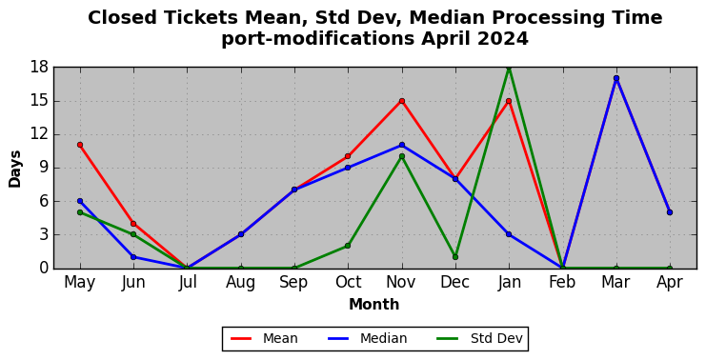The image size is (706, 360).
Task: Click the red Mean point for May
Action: [x=80, y=145]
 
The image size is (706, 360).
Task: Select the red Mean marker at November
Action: [x=402, y=101]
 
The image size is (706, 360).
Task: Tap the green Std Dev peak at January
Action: [x=509, y=68]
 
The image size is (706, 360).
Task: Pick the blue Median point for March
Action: [x=616, y=78]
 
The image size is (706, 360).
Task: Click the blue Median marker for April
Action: [x=670, y=212]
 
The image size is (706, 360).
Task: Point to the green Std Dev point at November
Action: [x=402, y=156]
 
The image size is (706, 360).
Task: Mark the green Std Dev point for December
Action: [x=455, y=257]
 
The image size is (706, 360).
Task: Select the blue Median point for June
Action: [x=133, y=257]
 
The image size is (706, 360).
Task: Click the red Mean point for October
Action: [x=348, y=156]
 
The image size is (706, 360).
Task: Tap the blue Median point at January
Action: [x=509, y=234]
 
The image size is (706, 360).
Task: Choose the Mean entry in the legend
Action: [x=264, y=338]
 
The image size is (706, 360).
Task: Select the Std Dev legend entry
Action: [x=480, y=338]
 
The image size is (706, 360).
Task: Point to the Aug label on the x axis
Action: [x=240, y=283]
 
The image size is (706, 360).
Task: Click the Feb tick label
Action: [x=562, y=283]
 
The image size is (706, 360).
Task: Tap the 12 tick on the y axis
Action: [x=40, y=134]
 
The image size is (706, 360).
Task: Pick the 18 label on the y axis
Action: [x=40, y=68]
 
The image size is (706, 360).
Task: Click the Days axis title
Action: [x=15, y=169]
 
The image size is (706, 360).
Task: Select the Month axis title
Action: [x=374, y=304]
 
